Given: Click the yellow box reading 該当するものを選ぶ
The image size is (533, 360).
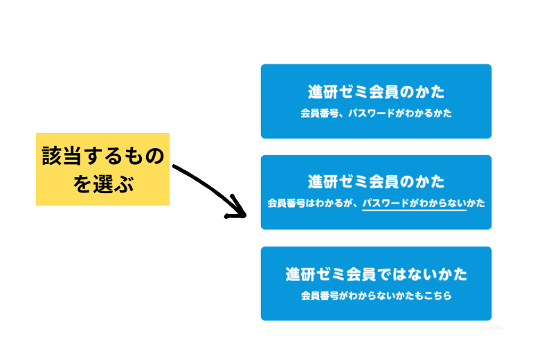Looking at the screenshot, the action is tap(102, 169).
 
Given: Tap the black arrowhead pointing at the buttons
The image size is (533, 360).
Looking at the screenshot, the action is tap(237, 208).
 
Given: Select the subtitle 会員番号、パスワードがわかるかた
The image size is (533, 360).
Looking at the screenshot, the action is tap(376, 113).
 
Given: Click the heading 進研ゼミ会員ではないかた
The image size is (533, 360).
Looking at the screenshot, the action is tap(376, 274).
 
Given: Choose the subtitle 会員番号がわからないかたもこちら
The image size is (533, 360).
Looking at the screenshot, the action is tap(376, 296).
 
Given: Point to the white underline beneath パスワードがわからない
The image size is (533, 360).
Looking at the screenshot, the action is tap(414, 210).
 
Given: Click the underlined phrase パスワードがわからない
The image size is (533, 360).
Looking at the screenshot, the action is tap(414, 204).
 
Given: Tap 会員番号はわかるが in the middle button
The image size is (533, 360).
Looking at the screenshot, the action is tap(309, 204).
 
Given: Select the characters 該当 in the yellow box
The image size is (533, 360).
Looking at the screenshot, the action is tap(62, 156).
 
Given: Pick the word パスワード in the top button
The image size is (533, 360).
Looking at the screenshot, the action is tap(372, 113).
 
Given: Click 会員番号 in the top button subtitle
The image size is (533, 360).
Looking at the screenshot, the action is tap(320, 113).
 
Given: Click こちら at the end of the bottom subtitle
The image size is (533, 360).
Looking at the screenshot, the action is tap(437, 296).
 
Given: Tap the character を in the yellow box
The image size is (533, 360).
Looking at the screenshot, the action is tap(82, 184).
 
